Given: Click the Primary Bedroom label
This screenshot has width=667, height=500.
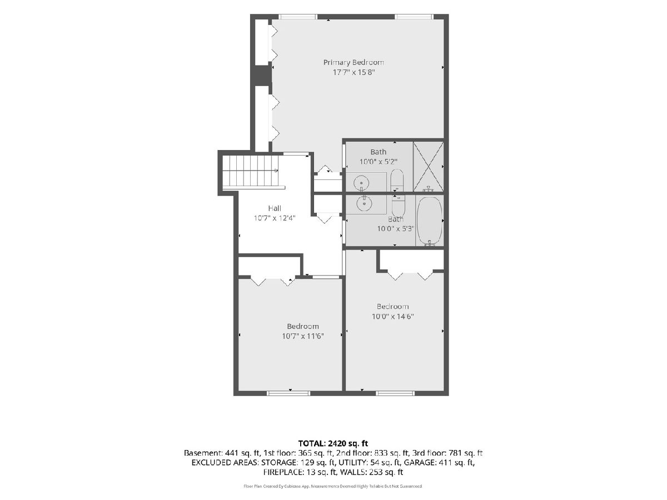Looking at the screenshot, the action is coord(353,63).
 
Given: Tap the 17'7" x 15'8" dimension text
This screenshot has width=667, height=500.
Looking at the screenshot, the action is coord(354,73).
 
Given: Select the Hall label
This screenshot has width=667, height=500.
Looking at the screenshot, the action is coord(275,208).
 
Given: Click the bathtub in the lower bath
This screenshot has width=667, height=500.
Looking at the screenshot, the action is coord(429,221).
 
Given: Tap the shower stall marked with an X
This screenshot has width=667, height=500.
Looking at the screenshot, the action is coord(429,167).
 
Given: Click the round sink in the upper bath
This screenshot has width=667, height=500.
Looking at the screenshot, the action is coord(362,183).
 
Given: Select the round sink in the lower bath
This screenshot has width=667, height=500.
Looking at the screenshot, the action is coord(363,203).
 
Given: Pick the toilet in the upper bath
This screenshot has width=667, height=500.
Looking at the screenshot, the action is coord(397,181).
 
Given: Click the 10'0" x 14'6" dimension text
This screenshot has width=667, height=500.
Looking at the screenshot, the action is coord(392,317).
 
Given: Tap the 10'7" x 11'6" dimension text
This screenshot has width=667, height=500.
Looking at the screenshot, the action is coord(303,336).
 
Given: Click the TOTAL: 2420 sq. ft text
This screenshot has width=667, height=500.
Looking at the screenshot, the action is coord(333,443).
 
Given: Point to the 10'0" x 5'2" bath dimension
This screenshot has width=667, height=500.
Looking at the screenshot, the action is coord(379,162).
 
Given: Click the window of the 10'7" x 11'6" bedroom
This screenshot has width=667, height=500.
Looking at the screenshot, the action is coord(288,393).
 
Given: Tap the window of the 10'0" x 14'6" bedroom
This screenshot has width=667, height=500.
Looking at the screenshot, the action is coord(395,393).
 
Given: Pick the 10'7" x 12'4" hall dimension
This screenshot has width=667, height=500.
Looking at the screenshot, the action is coord(275,218).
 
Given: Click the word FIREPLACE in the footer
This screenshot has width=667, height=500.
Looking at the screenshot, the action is coord(283,472).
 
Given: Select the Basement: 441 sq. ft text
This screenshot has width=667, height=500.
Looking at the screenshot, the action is coord(222,453).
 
